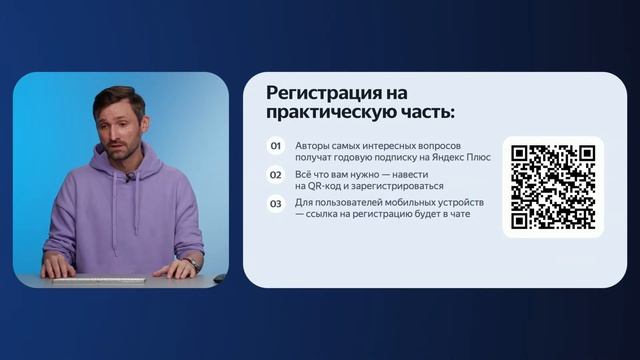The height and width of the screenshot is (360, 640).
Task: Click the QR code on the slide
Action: point(553,187)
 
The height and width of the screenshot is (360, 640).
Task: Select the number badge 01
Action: point(276,146)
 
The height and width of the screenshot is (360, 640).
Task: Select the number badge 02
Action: point(276,174)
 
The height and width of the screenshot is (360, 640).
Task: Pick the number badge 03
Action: point(276,204)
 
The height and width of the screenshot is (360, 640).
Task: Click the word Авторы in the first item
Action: point(314,145)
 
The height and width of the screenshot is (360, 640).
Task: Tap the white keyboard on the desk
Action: point(99,279)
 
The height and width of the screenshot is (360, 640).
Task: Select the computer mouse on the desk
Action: point(219,277)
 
